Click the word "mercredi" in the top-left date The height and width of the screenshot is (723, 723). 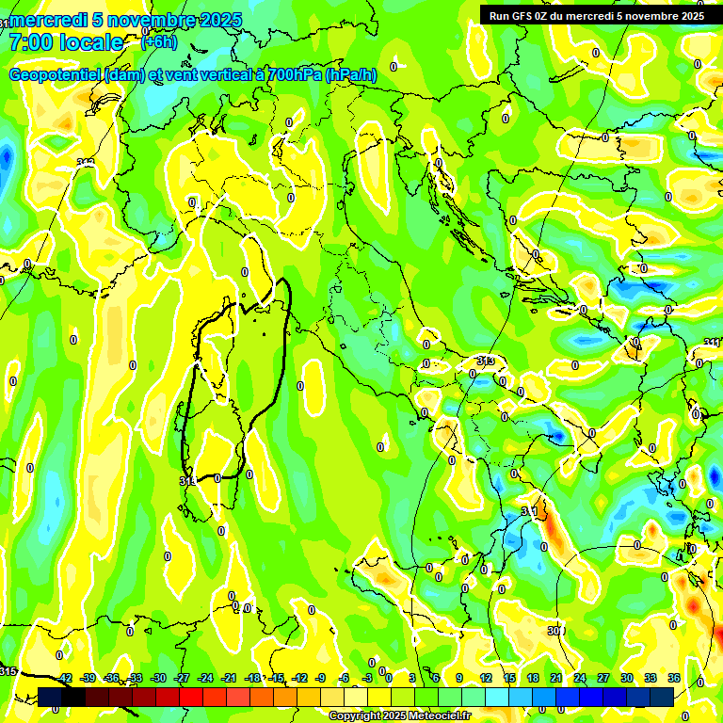coord(48,20)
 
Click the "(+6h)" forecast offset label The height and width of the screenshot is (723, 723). coord(158,42)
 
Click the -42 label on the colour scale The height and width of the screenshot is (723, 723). coord(65,678)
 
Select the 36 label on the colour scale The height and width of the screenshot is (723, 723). coord(674,678)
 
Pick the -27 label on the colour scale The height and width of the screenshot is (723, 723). coord(182,678)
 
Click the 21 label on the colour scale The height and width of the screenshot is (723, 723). coord(556,678)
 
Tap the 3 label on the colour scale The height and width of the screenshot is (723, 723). coord(414,678)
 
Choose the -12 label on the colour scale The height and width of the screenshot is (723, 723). coord(299,678)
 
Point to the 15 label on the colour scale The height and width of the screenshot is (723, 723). coord(509,678)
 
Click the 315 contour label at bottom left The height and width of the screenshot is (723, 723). coord(8,670)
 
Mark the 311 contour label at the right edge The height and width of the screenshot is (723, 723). coord(713,342)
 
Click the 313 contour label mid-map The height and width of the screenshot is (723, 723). coord(486,361)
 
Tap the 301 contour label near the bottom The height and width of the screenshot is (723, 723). coord(555,631)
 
